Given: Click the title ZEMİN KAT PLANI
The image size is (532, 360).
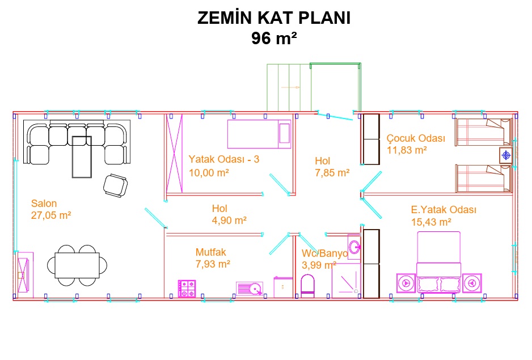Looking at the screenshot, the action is pos(274,18).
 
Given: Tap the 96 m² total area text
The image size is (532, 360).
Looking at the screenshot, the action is pos(274,37).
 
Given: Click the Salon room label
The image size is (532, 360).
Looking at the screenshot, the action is pos(44,203).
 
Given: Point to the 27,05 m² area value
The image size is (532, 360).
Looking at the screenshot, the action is pos(51,215).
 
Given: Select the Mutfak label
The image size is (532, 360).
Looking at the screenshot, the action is pos(210,252).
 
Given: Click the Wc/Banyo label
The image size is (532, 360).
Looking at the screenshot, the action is pos(324,253).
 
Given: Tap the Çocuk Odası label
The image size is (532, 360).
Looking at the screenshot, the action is pos(416,138).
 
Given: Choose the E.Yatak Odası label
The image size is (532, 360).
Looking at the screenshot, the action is pos(444,210).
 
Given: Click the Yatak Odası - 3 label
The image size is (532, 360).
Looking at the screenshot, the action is pos(223,159).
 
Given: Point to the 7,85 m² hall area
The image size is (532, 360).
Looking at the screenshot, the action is pos(332,173).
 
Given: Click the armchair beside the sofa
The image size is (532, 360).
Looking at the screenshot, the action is pos(115,185).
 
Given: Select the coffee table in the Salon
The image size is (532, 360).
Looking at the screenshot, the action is pos(82,157).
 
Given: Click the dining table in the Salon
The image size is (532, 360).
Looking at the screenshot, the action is pos(77,265).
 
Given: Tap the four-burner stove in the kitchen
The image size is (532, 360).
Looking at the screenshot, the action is pos(187,289).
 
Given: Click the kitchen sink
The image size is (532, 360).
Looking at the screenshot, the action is pos(250,289).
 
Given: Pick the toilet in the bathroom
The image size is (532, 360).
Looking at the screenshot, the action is pos(307,286).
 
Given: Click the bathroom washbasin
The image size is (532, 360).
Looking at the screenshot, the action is pos(354,247).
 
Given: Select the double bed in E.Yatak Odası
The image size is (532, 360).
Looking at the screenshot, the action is pos(438,262).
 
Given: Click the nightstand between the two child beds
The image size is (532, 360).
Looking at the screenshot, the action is pos(506,155).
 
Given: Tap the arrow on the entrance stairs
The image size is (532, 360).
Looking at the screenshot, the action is pos(290,87).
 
